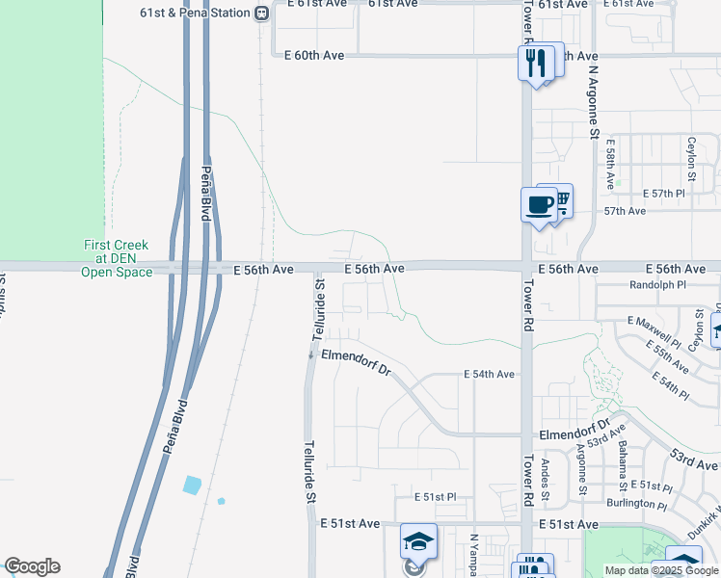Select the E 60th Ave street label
(314, 56)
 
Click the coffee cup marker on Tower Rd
(539, 204)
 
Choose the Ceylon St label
(691, 159)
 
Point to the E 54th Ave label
(490, 374)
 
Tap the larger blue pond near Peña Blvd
(192, 485)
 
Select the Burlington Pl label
(636, 504)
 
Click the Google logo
(32, 566)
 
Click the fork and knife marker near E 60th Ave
(533, 64)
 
